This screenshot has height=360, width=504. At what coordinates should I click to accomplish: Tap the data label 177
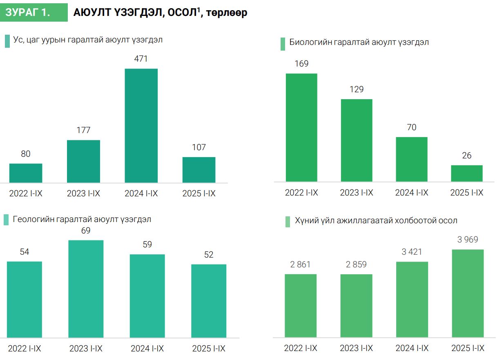coord(83,130)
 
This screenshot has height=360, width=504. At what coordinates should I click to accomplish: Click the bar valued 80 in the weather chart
coord(26,173)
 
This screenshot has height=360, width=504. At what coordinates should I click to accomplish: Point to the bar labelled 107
coord(199,170)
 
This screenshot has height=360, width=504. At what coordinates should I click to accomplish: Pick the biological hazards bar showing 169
coord(301,127)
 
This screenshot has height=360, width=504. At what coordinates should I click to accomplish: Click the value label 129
coord(357,89)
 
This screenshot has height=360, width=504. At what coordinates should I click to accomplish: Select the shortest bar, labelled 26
coord(467,173)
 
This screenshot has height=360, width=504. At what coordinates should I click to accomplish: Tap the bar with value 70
coord(412,159)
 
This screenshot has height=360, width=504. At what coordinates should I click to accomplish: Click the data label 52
coord(209,255)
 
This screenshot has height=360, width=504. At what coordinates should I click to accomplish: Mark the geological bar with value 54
coord(25,300)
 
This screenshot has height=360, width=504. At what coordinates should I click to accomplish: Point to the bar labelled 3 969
coord(468,293)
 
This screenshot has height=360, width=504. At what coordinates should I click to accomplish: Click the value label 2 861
coord(301,264)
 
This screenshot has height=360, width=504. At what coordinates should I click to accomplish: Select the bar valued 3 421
coord(412,300)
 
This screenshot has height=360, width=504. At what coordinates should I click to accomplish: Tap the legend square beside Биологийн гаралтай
coord(283,44)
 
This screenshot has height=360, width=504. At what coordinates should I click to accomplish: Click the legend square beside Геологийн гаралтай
coord(6,220)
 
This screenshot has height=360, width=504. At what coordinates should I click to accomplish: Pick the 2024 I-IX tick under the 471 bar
coord(141,193)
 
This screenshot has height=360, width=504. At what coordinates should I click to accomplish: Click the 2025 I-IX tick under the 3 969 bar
coord(468,348)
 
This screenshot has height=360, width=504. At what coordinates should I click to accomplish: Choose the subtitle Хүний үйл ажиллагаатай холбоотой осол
coord(376,221)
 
